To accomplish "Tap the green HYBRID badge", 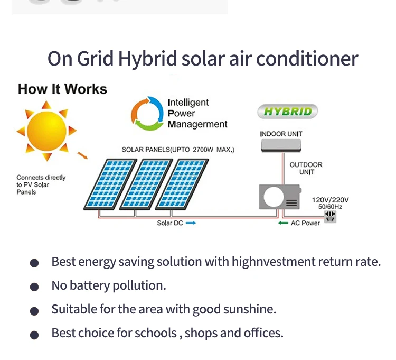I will (x=288, y=112).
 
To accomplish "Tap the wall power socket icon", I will (x=331, y=216).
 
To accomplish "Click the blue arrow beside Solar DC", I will (x=191, y=223).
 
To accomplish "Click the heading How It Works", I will (x=62, y=89).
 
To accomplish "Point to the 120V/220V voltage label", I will (x=331, y=200).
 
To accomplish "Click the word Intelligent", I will (x=188, y=103).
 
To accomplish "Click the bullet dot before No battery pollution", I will (x=35, y=287).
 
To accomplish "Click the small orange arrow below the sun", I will (x=82, y=155).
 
